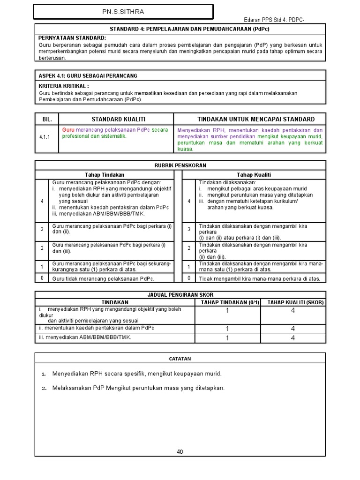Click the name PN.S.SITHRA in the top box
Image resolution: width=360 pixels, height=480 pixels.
pyautogui.click(x=123, y=12)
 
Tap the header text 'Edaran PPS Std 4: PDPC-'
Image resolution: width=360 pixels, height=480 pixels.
pyautogui.click(x=277, y=19)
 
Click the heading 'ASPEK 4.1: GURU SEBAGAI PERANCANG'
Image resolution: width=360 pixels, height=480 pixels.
pyautogui.click(x=88, y=75)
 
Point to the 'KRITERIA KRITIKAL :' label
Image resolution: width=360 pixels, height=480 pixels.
pyautogui.click(x=64, y=86)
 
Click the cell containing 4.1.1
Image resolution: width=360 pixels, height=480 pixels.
pyautogui.click(x=45, y=136)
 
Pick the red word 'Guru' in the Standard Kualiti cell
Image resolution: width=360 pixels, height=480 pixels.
pyautogui.click(x=68, y=130)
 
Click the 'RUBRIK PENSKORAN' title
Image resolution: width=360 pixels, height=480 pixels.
pyautogui.click(x=180, y=165)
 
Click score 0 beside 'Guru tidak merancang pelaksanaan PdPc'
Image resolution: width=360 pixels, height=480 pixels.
pyautogui.click(x=42, y=278)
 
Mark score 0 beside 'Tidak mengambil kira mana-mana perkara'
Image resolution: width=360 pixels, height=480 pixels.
pyautogui.click(x=189, y=278)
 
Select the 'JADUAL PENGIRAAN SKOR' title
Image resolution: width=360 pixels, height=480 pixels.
pyautogui.click(x=180, y=294)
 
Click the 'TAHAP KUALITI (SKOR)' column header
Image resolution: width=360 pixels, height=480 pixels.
pyautogui.click(x=295, y=302)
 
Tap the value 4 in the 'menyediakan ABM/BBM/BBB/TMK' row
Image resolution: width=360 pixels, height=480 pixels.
pyautogui.click(x=292, y=338)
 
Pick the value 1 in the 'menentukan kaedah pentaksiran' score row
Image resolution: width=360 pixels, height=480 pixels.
pyautogui.click(x=227, y=329)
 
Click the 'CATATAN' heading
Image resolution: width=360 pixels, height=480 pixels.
pyautogui.click(x=180, y=359)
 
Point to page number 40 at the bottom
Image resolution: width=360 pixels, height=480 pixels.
pyautogui.click(x=180, y=452)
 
